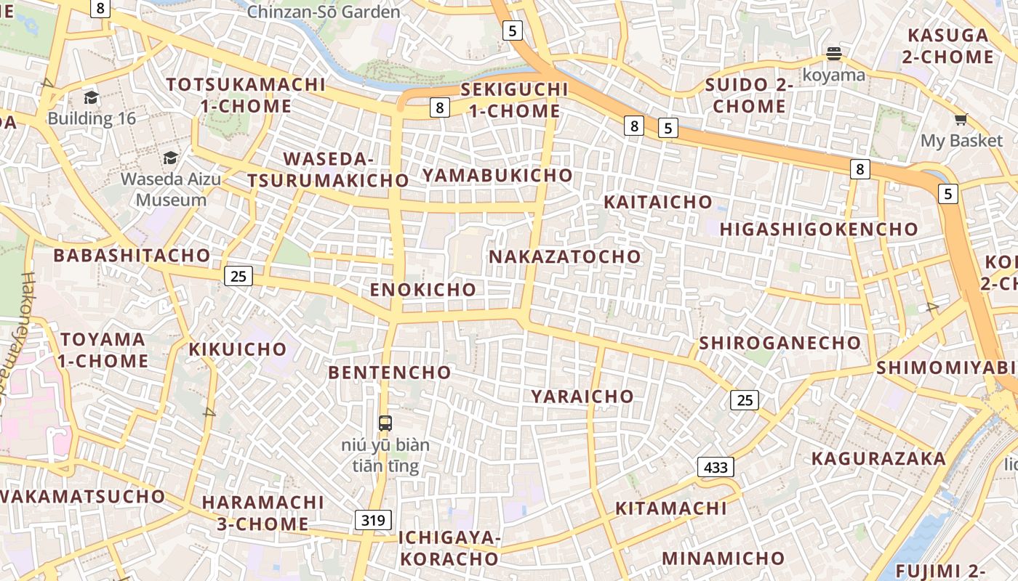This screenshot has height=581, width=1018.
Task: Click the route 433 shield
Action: pos(716,467)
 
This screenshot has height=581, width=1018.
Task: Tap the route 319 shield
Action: pos(374,520)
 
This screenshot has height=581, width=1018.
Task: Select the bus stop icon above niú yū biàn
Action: pos(385,423)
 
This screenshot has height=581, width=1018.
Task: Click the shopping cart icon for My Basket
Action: pos(961,120)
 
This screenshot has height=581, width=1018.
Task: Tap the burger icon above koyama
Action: pos(833,54)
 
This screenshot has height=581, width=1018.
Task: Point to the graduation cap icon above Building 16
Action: pos(91,97)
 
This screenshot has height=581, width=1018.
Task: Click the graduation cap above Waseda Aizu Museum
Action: pos(170,158)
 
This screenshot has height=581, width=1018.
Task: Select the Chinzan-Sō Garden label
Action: pos(324,12)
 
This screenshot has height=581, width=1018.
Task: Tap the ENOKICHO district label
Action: pos(423,290)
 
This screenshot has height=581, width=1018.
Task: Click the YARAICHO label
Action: pos(582,397)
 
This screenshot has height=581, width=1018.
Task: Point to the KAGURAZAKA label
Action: pos(878,459)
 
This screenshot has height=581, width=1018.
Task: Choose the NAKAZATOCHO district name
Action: pos(565,256)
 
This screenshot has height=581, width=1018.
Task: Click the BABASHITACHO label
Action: pos(132,256)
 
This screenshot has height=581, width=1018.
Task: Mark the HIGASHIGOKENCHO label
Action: pos(819,229)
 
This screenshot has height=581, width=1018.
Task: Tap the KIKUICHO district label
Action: pos(238,349)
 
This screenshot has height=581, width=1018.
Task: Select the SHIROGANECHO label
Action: pos(779,343)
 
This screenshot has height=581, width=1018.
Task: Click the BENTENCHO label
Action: pos(390,373)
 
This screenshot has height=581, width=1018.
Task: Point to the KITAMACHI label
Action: pos(671,508)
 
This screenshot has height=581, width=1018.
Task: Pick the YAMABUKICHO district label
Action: pos(497,176)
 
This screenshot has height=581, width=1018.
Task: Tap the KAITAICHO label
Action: pos(658,202)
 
